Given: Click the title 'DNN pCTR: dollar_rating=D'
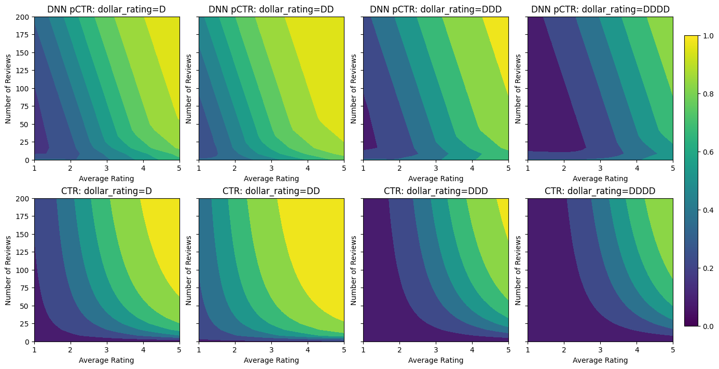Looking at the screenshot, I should tap(107, 9).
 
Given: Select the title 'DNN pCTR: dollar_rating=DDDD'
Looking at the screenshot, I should tap(600, 9).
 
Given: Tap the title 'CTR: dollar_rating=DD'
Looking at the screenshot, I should tap(271, 191).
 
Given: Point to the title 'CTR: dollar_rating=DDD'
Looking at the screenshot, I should tap(436, 191).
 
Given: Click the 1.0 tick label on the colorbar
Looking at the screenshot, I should tap(707, 36).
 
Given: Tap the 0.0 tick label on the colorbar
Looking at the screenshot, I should tap(707, 326).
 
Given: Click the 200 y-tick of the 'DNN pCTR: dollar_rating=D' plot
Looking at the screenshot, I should tap(25, 17).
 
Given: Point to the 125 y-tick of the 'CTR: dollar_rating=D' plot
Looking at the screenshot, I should tap(25, 252).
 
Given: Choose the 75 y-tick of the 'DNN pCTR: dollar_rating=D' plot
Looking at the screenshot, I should tap(26, 106).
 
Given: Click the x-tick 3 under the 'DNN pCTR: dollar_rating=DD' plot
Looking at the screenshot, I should tap(271, 169).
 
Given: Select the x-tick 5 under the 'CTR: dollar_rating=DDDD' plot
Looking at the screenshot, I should tap(673, 350).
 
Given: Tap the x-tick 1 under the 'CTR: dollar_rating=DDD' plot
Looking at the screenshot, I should tap(363, 350).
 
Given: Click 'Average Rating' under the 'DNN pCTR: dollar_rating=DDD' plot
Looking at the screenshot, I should tap(436, 179).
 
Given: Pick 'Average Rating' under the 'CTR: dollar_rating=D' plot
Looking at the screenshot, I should tap(107, 360).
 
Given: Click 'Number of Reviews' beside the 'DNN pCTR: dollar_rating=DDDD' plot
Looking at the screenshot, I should tap(518, 88).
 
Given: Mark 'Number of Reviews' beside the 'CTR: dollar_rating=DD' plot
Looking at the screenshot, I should tap(189, 270).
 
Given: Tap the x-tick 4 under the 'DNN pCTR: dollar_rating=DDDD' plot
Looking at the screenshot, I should tap(637, 169).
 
